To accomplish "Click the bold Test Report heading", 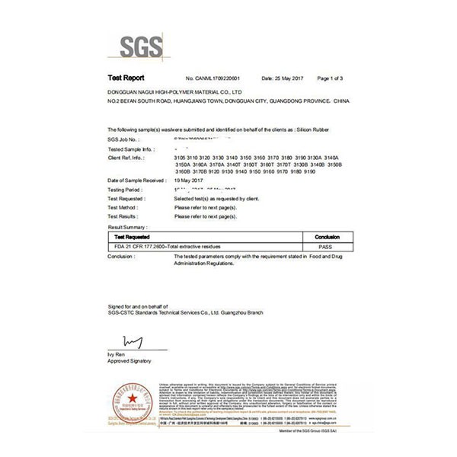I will (x=126, y=78).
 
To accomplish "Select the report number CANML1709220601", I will (x=219, y=79).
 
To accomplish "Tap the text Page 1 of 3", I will (x=330, y=79).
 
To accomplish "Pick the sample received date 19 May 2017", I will (x=190, y=180).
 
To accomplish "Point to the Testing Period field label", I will (x=125, y=189).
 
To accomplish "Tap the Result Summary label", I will (x=127, y=227).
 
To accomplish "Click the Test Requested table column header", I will (x=132, y=237).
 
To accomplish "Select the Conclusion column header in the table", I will (x=327, y=237).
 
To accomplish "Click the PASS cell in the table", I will (x=327, y=247).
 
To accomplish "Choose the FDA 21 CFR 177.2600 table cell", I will (x=168, y=247).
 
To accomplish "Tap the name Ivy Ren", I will (x=116, y=355).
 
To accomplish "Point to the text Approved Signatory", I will (x=129, y=361).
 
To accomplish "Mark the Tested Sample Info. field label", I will (x=131, y=149).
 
